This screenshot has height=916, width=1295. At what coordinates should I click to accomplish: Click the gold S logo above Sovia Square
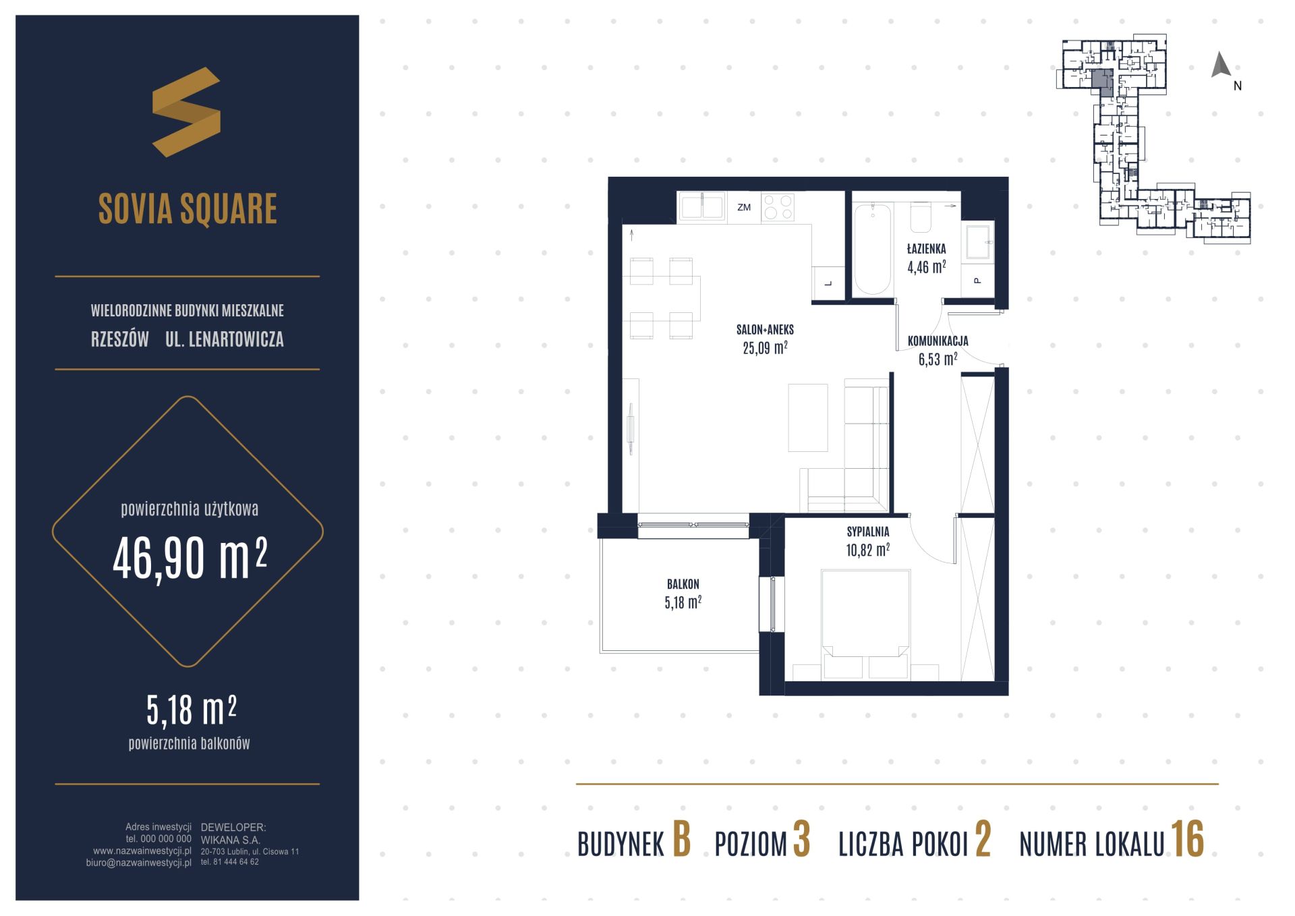click(x=187, y=112)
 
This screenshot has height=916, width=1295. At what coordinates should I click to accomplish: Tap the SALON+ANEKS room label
click(x=765, y=330)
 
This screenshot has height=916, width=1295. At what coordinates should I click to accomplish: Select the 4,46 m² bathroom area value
click(x=926, y=267)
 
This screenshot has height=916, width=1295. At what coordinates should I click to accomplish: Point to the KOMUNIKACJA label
click(x=938, y=341)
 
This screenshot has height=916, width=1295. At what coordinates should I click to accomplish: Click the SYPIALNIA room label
click(x=868, y=532)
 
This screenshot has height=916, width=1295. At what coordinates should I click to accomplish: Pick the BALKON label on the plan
click(x=683, y=584)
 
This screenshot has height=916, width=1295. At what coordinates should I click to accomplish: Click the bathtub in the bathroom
click(x=872, y=249)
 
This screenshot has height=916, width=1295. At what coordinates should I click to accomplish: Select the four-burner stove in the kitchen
click(x=778, y=207)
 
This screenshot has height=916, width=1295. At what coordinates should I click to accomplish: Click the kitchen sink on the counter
click(x=702, y=206)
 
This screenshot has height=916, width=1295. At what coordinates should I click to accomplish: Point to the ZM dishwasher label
click(x=744, y=207)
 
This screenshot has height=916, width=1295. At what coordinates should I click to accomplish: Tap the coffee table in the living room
click(x=808, y=418)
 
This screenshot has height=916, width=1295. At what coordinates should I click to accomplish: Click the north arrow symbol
click(x=1221, y=65)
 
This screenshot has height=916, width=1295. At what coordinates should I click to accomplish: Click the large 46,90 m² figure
click(x=190, y=559)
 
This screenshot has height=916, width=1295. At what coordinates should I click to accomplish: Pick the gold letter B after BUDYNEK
click(x=682, y=840)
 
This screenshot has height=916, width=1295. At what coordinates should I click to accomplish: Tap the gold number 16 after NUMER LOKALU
click(x=1187, y=840)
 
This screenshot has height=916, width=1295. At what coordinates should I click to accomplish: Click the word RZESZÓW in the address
click(x=120, y=339)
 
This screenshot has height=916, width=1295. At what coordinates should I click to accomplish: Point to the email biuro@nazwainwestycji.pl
click(x=139, y=863)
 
